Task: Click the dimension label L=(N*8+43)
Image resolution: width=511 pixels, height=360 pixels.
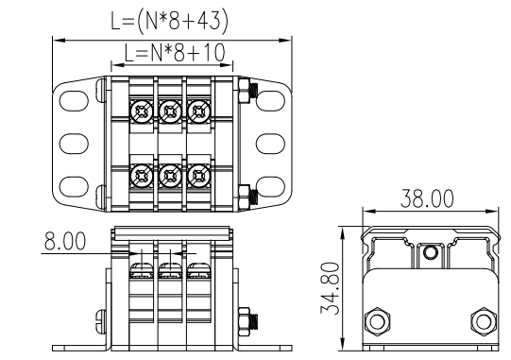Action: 169,22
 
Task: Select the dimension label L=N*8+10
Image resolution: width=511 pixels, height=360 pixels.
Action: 175,53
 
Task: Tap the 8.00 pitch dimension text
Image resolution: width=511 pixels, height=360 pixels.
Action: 65,241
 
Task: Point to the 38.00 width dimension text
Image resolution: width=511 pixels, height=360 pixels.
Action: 427,198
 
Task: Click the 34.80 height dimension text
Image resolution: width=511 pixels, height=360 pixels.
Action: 331,288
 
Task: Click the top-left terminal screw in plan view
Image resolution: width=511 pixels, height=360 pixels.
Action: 142,111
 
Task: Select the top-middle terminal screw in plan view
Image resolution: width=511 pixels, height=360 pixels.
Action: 170,111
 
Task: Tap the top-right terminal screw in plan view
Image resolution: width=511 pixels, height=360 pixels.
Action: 198,111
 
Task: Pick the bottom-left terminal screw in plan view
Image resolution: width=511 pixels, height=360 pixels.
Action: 142,176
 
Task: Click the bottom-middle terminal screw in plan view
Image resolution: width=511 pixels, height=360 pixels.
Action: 170,176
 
